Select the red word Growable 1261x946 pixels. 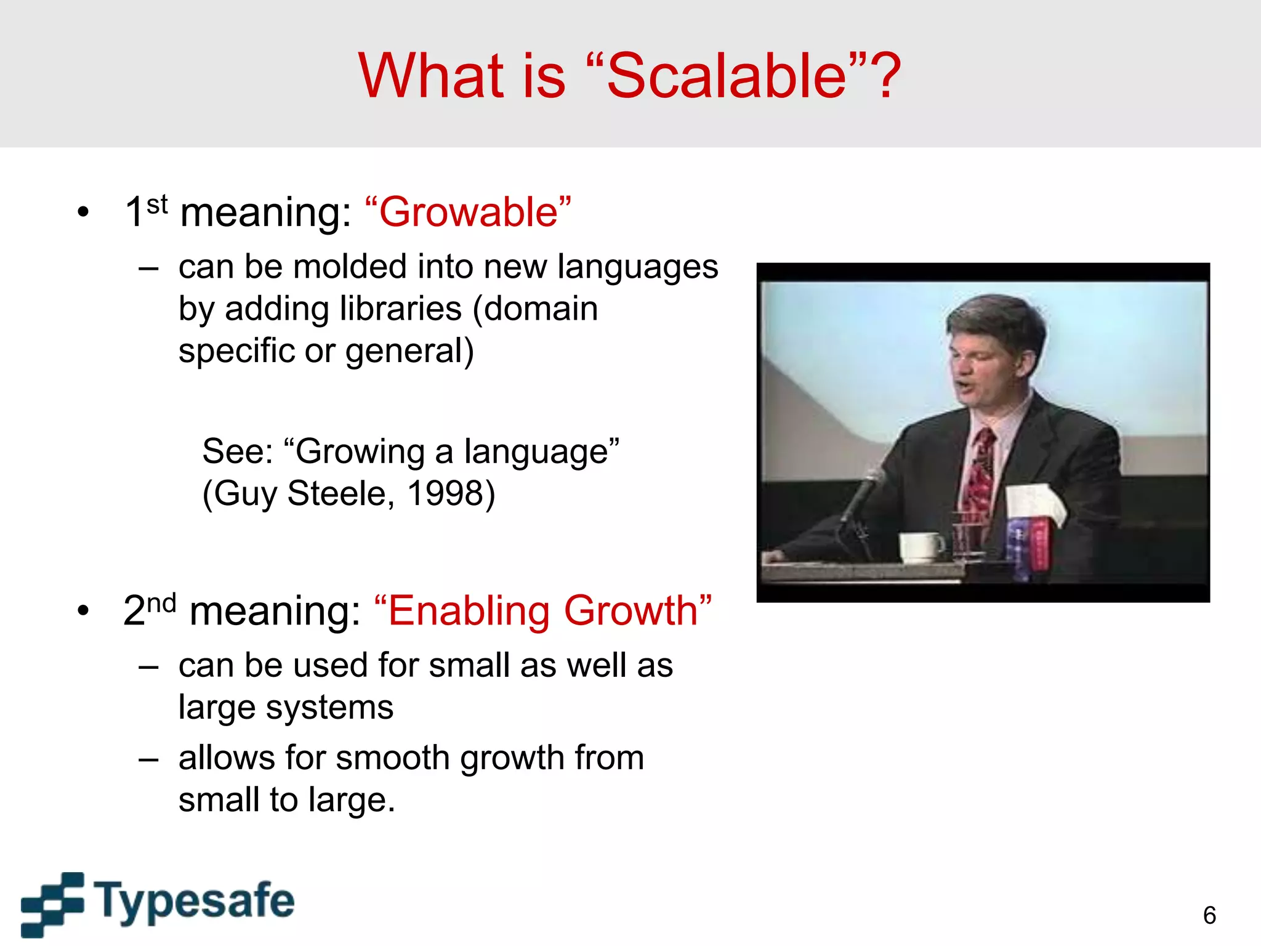click(468, 212)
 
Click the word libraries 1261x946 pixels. click(400, 309)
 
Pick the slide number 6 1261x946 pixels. click(1209, 915)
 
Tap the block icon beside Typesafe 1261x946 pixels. click(52, 904)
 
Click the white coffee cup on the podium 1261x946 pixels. click(920, 547)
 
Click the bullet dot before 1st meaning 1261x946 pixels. click(83, 213)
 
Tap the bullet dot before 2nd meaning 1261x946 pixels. click(83, 612)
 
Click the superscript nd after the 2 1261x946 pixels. click(161, 603)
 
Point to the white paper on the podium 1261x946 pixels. click(1034, 502)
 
